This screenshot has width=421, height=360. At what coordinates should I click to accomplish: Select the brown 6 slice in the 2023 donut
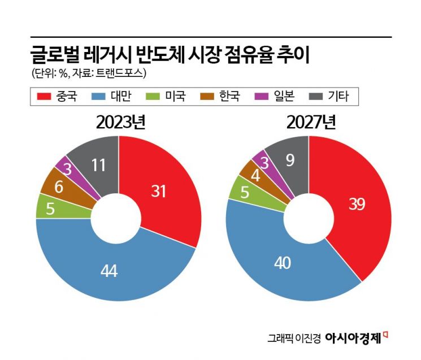[x=58, y=184]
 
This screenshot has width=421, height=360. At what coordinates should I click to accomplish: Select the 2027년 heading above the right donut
[x=309, y=122]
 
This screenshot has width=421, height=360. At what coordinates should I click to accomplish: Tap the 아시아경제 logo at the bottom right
[x=357, y=337]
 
